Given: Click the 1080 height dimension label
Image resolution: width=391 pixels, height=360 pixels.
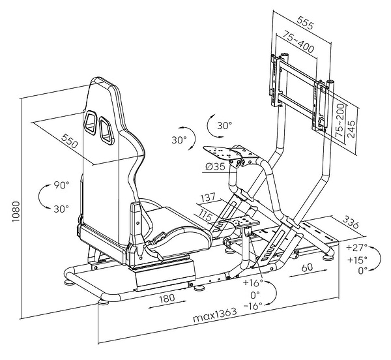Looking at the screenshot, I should pos(15,209).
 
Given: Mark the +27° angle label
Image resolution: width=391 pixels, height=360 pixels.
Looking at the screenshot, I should pos(357,248).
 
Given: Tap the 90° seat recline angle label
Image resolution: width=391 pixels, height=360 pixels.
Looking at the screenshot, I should pos(62,185).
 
